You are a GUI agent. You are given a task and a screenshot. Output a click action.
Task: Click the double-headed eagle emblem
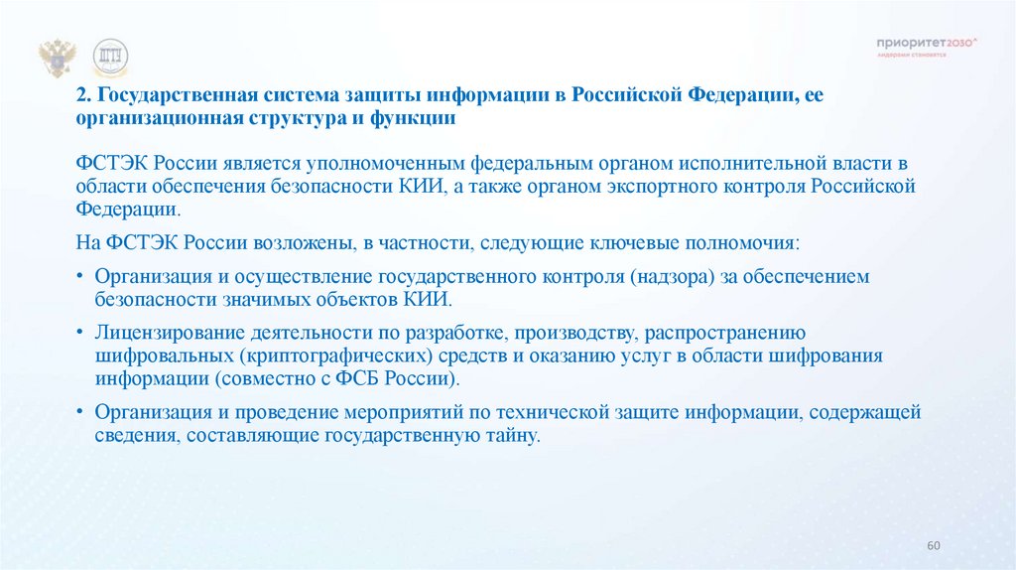(x=58, y=60)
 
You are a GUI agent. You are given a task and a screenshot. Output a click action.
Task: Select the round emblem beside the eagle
(x=109, y=60)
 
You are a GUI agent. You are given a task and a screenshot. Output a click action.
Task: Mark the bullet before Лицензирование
(x=79, y=334)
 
